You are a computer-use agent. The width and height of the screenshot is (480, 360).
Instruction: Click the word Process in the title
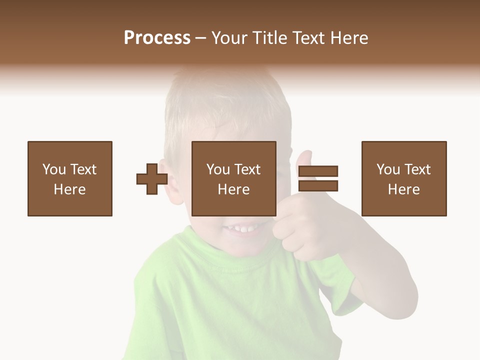click(157, 38)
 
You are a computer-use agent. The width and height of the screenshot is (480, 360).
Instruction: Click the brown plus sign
click(152, 179)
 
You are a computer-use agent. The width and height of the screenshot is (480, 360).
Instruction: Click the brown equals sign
click(318, 178)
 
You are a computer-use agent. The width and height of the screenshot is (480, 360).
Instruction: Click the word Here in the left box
click(70, 189)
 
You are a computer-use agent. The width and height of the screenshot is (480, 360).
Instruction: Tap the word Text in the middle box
click(247, 169)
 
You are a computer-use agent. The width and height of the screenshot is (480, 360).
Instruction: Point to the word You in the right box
click(388, 169)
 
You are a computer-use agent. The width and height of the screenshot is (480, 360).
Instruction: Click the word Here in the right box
click(403, 189)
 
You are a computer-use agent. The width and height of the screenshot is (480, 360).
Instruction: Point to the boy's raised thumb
click(304, 159)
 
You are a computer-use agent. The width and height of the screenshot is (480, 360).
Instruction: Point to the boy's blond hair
click(225, 100)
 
